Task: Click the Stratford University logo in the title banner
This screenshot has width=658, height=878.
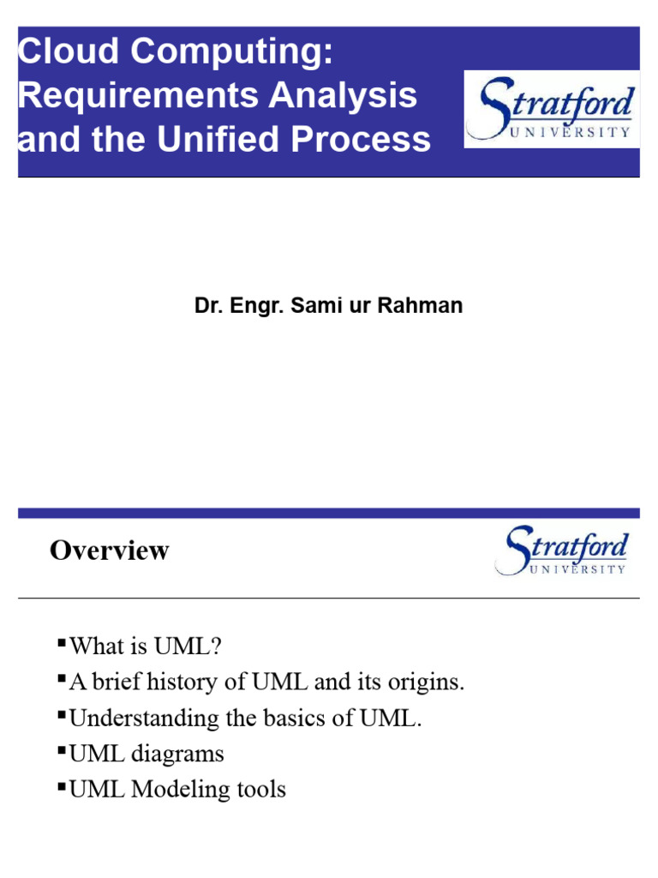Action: (550, 109)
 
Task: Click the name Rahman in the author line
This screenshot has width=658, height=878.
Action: (426, 306)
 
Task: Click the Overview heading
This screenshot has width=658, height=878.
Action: (109, 550)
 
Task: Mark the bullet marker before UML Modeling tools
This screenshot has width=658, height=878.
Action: (61, 785)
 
